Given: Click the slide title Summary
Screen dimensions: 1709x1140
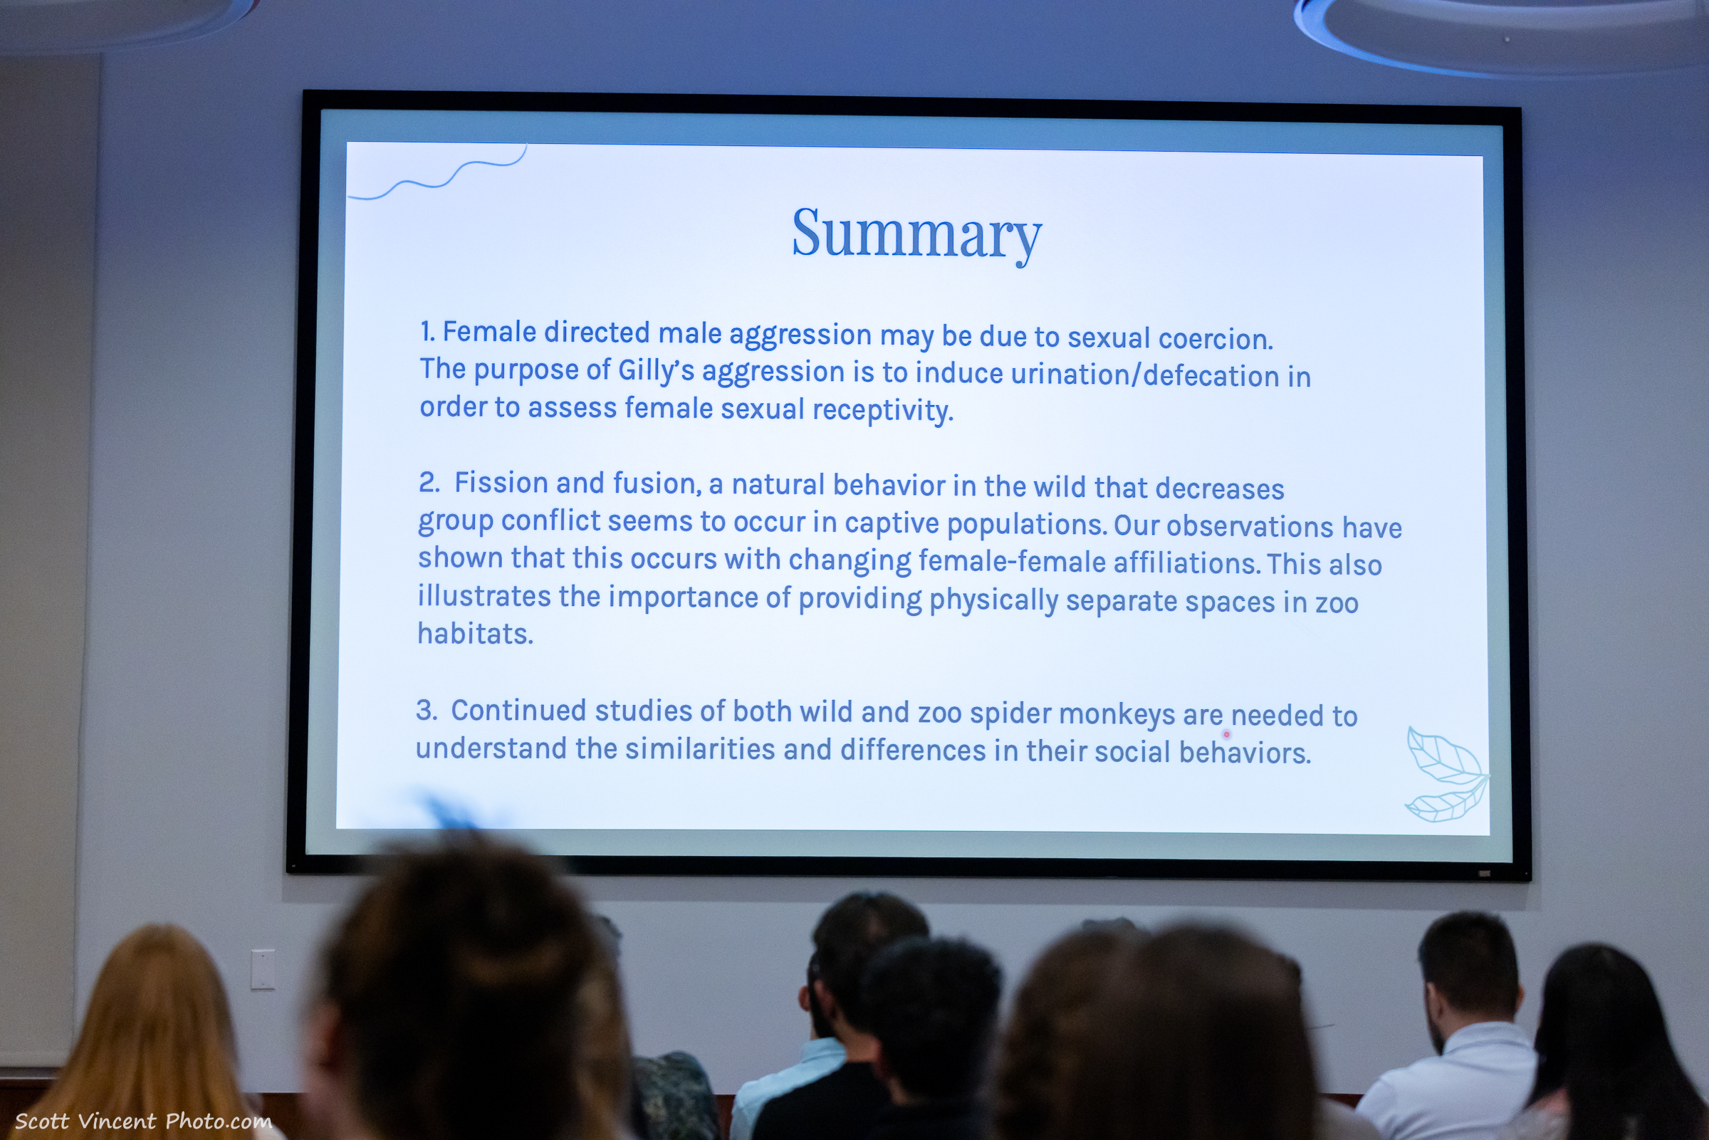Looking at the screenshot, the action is [916, 234].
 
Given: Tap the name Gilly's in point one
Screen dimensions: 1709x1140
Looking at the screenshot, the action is [657, 371].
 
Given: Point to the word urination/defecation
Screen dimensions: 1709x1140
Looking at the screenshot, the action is [1145, 375].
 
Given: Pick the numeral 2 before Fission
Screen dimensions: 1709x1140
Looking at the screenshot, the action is [428, 482].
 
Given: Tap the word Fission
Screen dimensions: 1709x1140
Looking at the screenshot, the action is [501, 483].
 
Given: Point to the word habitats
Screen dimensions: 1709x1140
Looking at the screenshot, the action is [476, 633].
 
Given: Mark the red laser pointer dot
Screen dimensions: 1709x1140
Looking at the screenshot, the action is [1227, 734].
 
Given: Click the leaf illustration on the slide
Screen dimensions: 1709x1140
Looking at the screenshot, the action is [1446, 774].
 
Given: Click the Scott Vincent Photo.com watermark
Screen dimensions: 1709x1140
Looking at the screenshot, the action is [143, 1121].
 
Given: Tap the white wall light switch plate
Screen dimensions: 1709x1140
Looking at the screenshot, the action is [263, 969].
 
